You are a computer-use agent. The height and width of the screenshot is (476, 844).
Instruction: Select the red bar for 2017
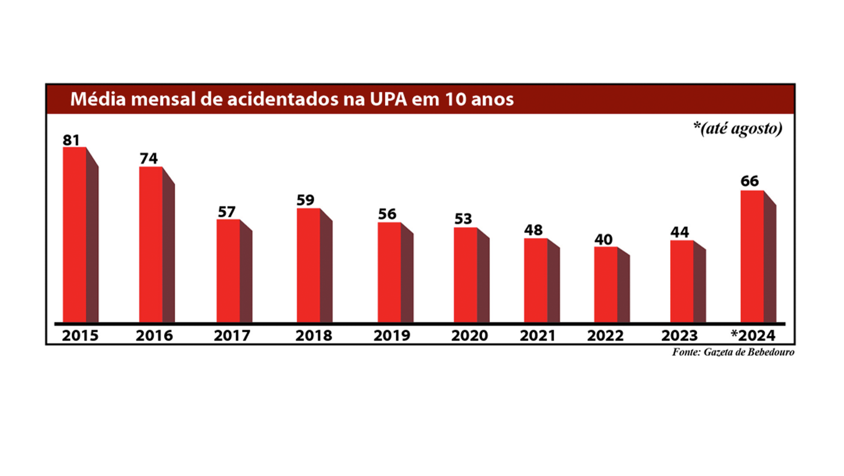pyautogui.click(x=229, y=272)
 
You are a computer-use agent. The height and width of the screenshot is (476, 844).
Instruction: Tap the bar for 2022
pyautogui.click(x=606, y=285)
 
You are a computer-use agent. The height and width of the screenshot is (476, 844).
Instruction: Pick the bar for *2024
pyautogui.click(x=752, y=257)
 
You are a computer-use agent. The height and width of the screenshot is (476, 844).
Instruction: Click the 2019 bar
pyautogui.click(x=389, y=273)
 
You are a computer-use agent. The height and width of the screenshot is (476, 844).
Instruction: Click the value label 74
pyautogui.click(x=148, y=158)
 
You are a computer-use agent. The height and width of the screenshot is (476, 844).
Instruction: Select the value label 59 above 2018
pyautogui.click(x=306, y=200)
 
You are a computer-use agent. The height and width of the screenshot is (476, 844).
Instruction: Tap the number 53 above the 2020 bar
pyautogui.click(x=463, y=219)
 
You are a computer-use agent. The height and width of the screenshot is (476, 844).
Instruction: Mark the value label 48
pyautogui.click(x=533, y=230)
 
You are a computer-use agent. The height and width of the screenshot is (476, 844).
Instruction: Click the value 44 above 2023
pyautogui.click(x=680, y=232)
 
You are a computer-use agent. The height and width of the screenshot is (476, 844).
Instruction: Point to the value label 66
pyautogui.click(x=750, y=181)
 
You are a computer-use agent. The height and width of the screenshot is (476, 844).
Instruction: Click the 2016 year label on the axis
pyautogui.click(x=154, y=336)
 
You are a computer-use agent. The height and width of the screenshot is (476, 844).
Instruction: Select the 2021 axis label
pyautogui.click(x=538, y=336)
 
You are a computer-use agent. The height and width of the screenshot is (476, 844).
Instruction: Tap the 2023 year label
pyautogui.click(x=679, y=336)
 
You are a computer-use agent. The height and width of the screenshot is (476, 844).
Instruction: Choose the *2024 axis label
pyautogui.click(x=753, y=336)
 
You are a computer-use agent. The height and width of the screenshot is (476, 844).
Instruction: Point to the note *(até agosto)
pyautogui.click(x=737, y=130)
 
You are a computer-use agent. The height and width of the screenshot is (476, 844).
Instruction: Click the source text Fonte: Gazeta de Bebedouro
pyautogui.click(x=733, y=352)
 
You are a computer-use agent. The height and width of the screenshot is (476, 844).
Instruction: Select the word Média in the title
pyautogui.click(x=93, y=99)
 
